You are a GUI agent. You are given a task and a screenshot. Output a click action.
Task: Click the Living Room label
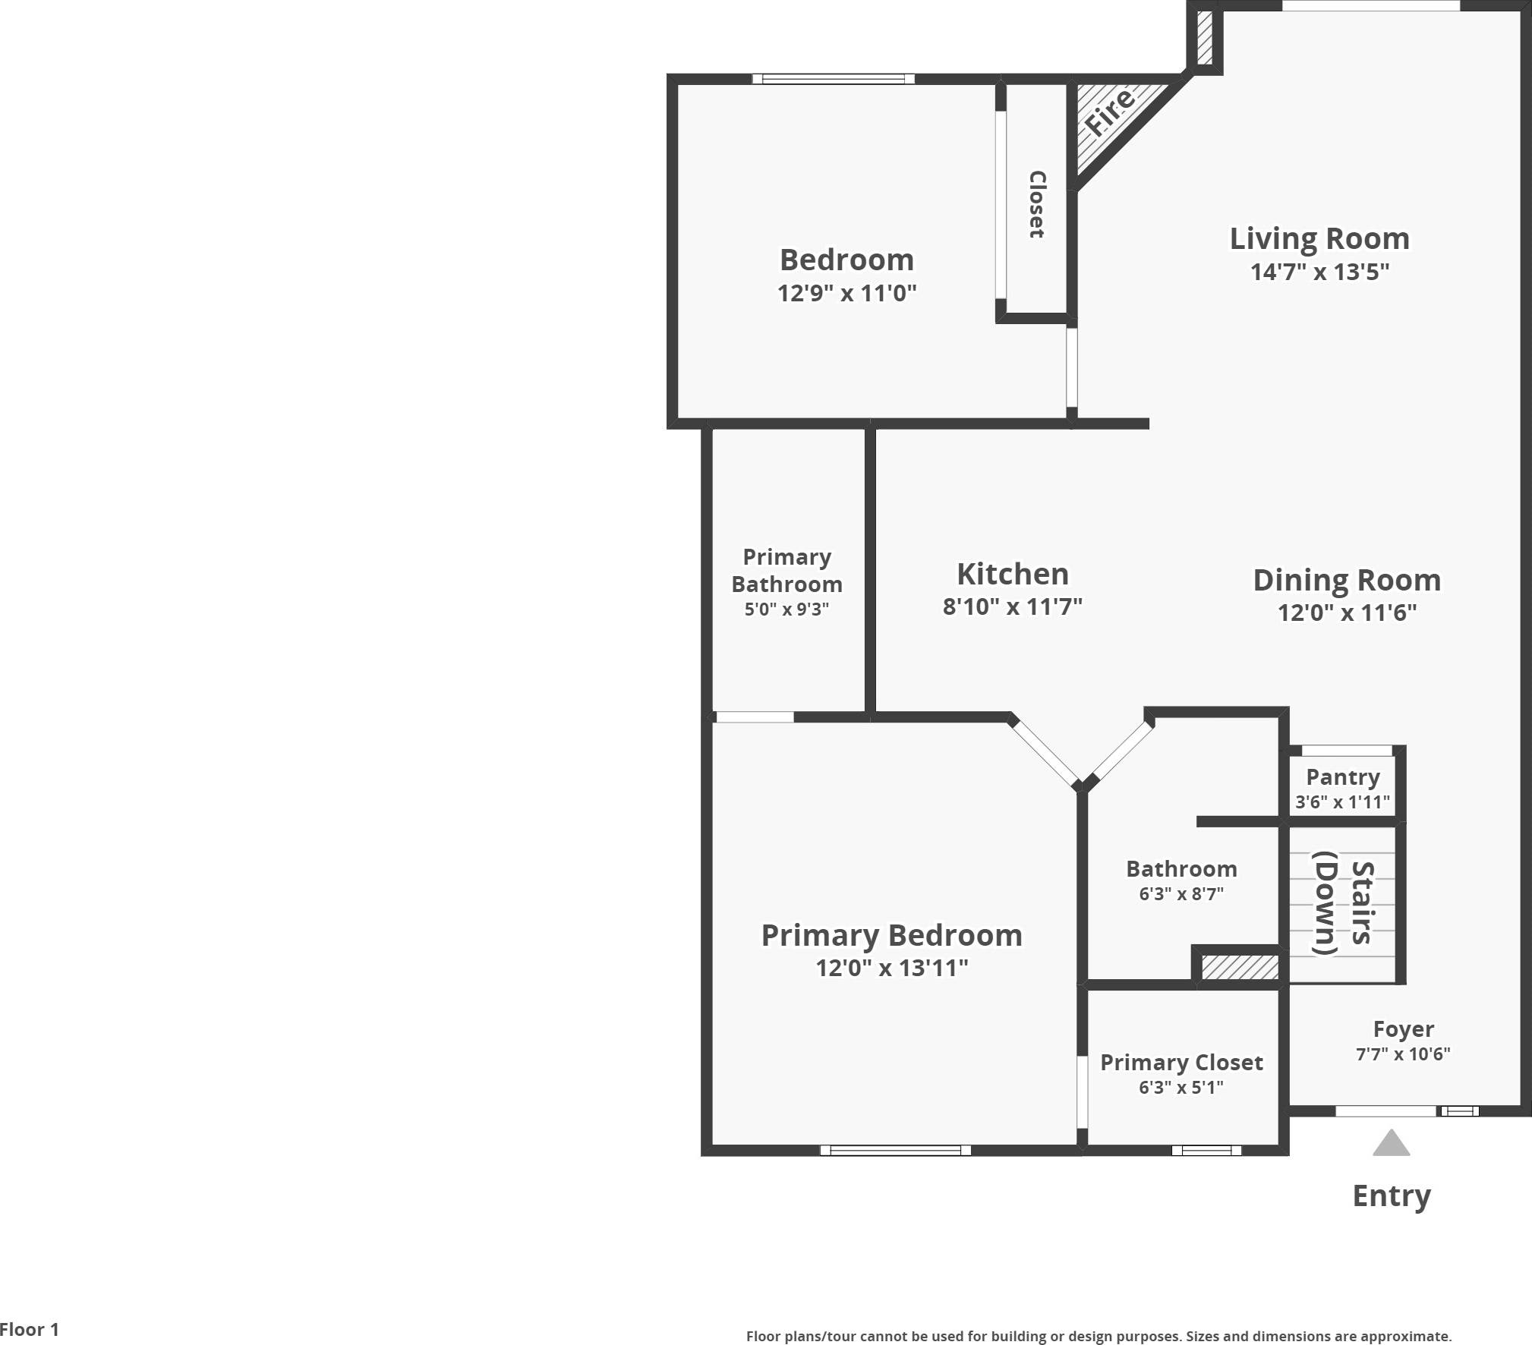[x=1319, y=239]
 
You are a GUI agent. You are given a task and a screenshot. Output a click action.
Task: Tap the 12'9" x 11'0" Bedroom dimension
[x=846, y=293]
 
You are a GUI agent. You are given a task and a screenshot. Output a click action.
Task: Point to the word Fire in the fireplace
[x=1109, y=112]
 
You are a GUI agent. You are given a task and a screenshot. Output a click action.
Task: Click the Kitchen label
[x=1012, y=575]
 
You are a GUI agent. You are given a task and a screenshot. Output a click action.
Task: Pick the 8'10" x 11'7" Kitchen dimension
[x=1012, y=606]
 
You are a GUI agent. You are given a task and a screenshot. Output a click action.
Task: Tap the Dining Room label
[x=1346, y=581]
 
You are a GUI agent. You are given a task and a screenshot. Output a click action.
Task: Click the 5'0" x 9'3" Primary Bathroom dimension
[x=786, y=609]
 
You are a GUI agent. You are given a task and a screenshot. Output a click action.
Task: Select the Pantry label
[x=1342, y=777]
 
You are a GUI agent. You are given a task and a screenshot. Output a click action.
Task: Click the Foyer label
[x=1403, y=1029]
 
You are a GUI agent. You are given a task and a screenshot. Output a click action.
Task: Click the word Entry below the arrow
[x=1391, y=1195]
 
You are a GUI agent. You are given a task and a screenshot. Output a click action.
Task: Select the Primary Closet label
[x=1181, y=1063]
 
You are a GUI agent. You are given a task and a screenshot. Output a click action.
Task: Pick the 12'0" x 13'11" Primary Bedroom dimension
[x=891, y=968]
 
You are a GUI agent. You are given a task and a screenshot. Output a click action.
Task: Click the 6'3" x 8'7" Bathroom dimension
[x=1181, y=894]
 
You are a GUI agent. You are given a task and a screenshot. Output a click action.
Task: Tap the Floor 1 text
[x=29, y=1329]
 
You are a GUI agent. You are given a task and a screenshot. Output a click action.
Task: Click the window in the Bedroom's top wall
[x=833, y=79]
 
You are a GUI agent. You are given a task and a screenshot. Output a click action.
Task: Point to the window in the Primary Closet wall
[x=1206, y=1151]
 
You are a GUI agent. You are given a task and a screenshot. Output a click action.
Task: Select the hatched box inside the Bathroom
[x=1239, y=967]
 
